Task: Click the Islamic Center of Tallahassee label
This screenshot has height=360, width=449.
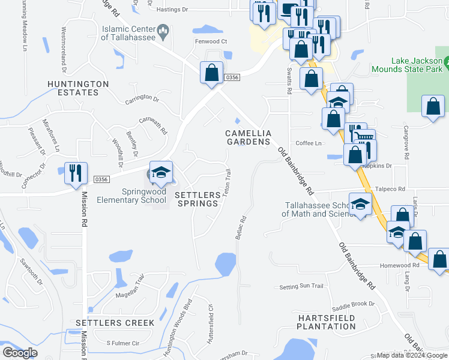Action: coord(127,32)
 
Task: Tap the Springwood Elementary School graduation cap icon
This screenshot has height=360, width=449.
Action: coord(160,173)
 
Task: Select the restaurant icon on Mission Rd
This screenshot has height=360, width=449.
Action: coord(76,173)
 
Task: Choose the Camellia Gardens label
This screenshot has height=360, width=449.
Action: coord(249,137)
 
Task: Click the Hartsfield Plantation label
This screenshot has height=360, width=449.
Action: coord(326,322)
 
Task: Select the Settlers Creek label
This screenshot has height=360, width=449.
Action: coord(115,323)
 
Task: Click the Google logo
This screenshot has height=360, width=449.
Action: coord(20,353)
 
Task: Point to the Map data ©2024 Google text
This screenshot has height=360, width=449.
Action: coord(412,355)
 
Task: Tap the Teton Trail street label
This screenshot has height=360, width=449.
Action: coord(227,181)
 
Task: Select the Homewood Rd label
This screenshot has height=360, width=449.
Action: coord(399,265)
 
